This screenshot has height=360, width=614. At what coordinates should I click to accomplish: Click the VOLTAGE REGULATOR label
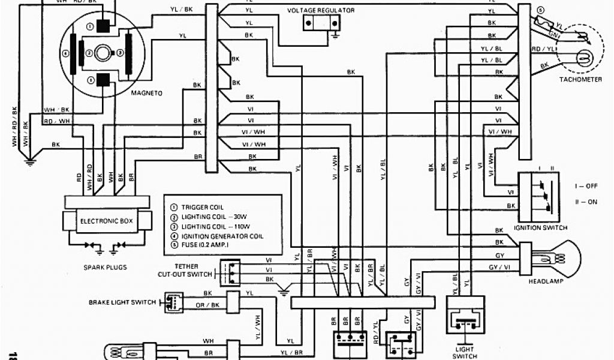coord(321,11)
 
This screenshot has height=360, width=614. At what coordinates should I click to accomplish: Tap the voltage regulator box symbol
coord(320,23)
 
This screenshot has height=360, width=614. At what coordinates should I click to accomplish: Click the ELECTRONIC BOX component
coord(107,221)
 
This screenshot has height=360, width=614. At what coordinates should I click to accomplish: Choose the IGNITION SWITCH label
coord(541,229)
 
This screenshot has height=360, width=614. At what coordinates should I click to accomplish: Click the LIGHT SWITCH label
coord(464,353)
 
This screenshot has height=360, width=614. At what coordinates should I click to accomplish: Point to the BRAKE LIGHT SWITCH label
coord(122,302)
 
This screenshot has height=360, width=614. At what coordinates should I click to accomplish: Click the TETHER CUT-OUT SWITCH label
coord(185,271)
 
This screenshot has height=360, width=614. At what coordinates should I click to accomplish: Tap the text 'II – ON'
coord(586,202)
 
